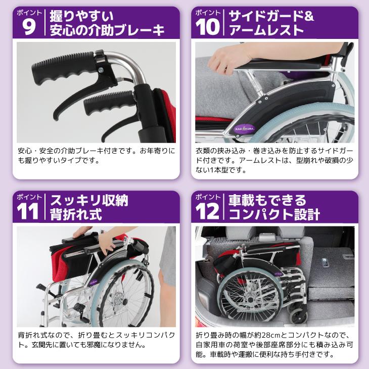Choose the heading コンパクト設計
tap(273, 214)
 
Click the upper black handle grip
tap(63, 71)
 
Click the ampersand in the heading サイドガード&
tap(310, 15)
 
